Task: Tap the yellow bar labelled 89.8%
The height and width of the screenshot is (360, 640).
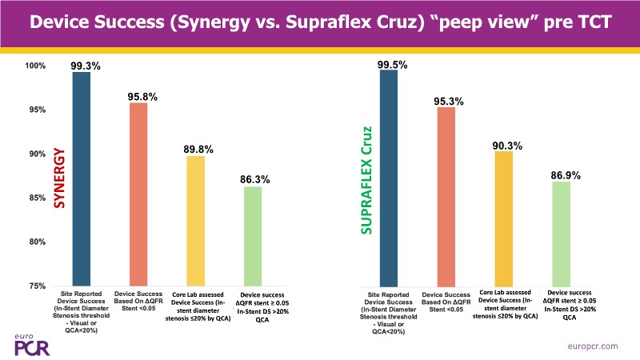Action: tap(195, 220)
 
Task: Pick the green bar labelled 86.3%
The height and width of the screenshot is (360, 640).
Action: tap(252, 235)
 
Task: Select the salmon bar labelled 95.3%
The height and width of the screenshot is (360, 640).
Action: tap(445, 196)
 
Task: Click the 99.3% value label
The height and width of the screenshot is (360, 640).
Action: tap(86, 66)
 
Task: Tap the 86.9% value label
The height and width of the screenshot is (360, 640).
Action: tap(564, 174)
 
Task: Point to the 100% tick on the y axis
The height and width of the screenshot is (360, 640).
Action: tap(35, 66)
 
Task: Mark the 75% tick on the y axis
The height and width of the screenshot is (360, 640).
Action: tap(37, 286)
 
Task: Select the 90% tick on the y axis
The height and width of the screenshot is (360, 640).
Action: tap(37, 154)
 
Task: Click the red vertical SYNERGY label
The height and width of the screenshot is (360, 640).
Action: tap(60, 178)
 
